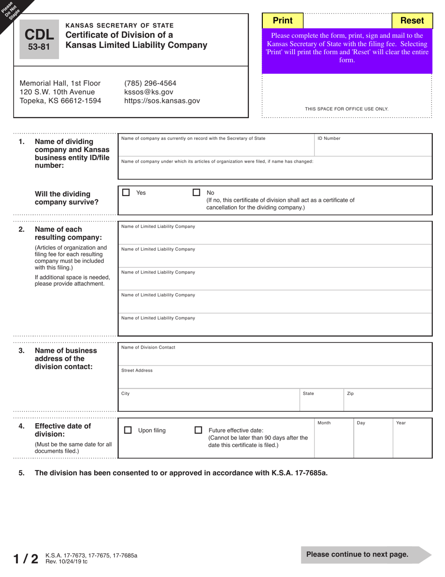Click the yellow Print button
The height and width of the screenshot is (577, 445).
(x=282, y=21)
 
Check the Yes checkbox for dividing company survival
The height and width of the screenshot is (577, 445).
(x=126, y=192)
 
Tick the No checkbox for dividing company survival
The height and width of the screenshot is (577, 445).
(x=197, y=192)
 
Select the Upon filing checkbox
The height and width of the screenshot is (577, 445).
(x=127, y=430)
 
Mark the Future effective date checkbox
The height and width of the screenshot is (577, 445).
(x=198, y=430)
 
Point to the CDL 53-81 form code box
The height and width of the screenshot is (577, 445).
(x=39, y=39)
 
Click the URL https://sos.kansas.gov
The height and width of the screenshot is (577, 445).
(x=162, y=101)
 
